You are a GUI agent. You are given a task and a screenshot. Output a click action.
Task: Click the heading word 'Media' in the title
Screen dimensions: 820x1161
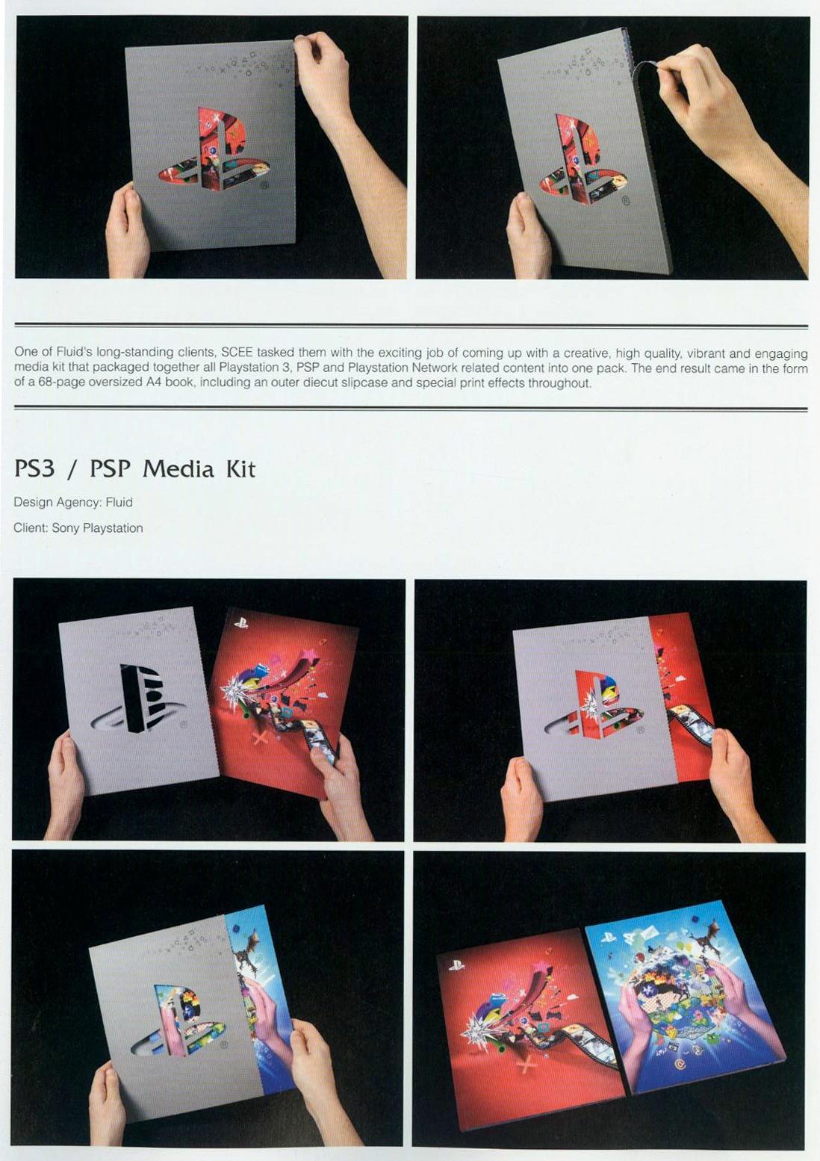coord(178,469)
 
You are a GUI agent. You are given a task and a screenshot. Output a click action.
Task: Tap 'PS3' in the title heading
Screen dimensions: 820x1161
coord(34,469)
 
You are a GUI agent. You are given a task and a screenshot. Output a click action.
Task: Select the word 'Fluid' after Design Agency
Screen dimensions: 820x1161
coord(119,502)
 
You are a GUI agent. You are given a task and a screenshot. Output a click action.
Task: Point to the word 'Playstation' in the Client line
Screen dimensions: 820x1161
coord(113,528)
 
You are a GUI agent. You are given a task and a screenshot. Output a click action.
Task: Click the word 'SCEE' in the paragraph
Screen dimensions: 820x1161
coord(237,353)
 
